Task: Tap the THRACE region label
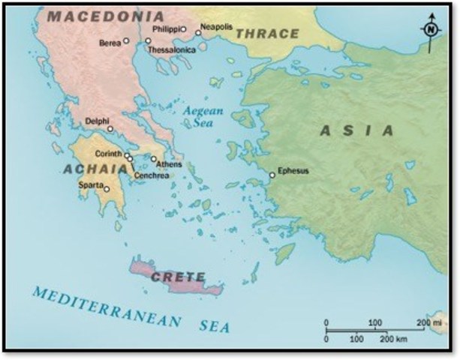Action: tap(266, 33)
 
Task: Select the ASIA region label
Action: tap(356, 130)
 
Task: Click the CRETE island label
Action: tap(178, 277)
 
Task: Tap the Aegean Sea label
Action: tap(205, 118)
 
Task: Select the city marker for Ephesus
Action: tap(272, 175)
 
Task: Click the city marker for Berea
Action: tap(126, 41)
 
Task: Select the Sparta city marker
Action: tap(107, 189)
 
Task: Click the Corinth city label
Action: tap(109, 154)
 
